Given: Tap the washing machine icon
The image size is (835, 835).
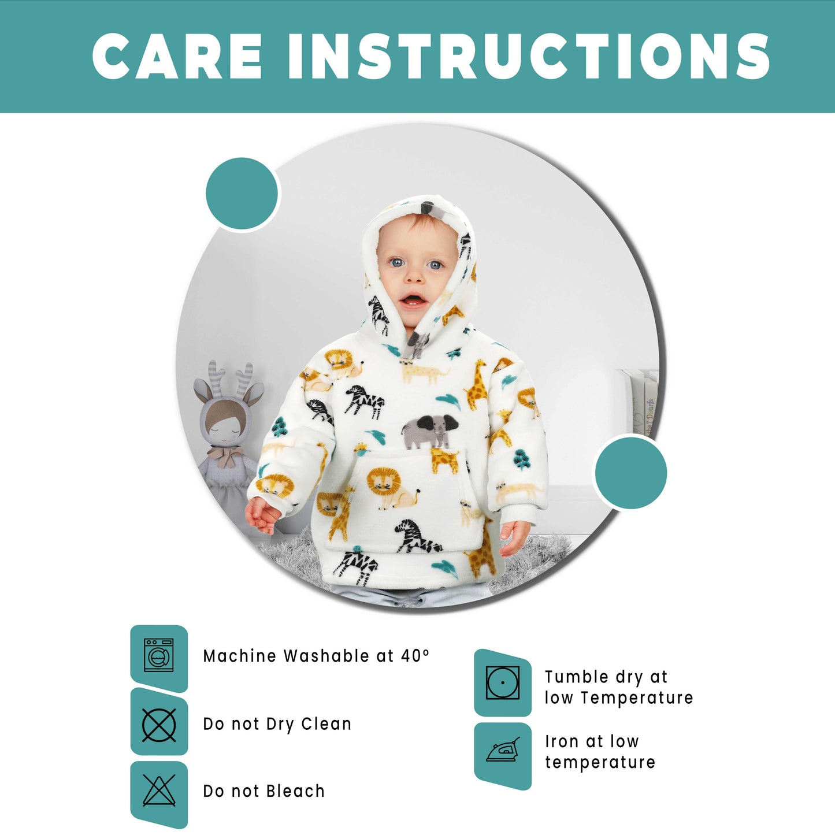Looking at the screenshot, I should tap(159, 655).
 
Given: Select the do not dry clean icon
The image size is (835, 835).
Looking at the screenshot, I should tap(159, 725).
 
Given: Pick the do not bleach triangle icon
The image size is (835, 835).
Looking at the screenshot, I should tap(159, 791).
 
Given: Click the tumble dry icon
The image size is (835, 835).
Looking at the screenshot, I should tap(502, 682).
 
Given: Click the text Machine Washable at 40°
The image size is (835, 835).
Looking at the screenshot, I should tap(316, 656).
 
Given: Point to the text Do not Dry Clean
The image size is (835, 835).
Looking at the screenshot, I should tap(277, 725).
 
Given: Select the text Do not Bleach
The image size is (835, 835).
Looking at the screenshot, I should tap(264, 791).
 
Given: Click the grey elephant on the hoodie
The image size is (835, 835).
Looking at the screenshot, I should tap(428, 431).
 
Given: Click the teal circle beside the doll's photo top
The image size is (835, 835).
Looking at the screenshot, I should tap(242, 194).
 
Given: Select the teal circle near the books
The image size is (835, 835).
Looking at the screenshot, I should tap(630, 473).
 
